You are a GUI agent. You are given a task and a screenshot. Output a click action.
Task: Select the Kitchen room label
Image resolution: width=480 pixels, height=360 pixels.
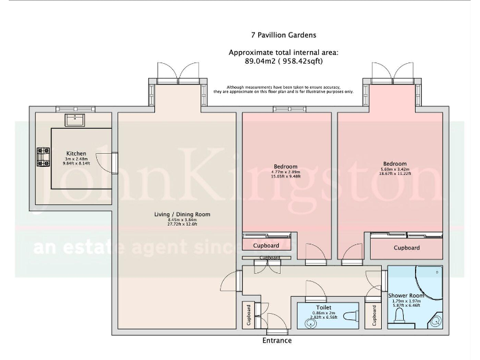coord(76,154)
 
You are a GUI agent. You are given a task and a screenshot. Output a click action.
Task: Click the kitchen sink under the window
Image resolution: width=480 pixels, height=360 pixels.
coord(76,119)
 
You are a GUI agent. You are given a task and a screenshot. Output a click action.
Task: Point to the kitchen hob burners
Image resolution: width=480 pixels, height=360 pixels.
coord(43,157)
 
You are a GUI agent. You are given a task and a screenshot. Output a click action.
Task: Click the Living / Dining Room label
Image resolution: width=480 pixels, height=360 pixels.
coord(182,214)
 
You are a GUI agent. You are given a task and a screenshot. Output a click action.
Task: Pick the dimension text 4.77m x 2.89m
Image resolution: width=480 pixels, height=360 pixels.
coord(286,172)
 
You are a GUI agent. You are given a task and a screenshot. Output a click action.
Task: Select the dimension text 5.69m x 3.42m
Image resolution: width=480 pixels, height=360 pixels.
coord(394,169)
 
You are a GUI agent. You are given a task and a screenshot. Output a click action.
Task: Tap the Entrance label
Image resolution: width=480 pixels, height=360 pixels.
coord(276,341)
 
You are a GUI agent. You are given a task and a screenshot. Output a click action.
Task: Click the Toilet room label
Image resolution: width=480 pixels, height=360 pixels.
coord(324,307)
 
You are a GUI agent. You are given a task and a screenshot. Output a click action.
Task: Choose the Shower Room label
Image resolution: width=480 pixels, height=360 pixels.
coord(406,296)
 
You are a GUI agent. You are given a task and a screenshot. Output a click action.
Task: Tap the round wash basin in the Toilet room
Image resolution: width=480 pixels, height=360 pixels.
coord(309,323)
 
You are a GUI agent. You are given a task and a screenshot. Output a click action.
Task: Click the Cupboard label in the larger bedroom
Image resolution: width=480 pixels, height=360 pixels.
coord(406,248)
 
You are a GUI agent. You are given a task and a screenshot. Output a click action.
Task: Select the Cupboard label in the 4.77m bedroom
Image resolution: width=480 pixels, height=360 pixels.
coord(266,246)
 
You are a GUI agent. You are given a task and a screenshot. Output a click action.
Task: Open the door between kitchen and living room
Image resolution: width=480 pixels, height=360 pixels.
coord(115,162)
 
